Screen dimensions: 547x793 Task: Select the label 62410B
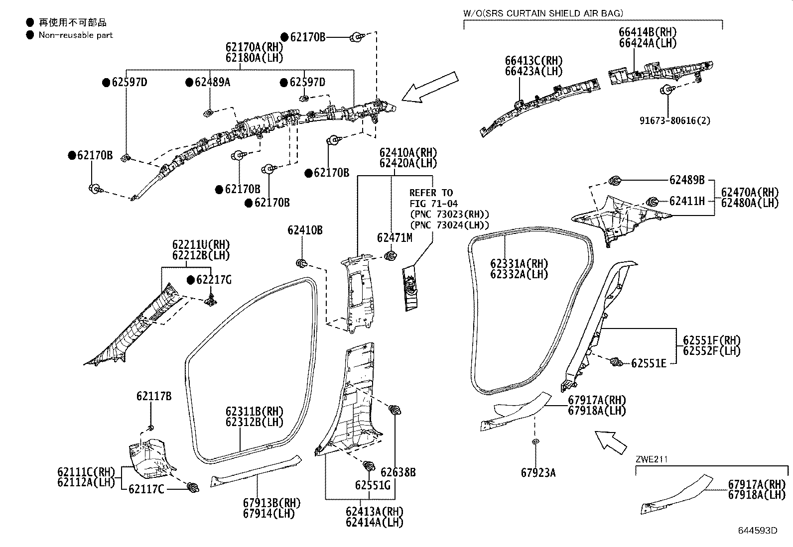[304, 230]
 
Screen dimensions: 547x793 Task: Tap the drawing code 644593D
[758, 531]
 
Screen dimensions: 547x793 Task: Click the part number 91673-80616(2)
[675, 120]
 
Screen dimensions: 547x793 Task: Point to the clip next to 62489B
[614, 180]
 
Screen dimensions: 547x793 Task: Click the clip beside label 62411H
[652, 202]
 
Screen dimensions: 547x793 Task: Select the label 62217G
[213, 280]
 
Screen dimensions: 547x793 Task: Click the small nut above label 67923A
[534, 441]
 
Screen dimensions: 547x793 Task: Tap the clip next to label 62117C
[193, 488]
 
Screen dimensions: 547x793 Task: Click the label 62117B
[154, 396]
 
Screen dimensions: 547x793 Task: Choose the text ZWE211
[651, 459]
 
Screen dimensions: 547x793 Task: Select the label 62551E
[648, 363]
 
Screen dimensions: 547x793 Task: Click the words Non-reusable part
[76, 35]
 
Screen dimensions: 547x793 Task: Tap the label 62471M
[394, 238]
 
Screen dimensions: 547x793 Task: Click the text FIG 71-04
[433, 204]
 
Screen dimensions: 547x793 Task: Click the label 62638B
[398, 472]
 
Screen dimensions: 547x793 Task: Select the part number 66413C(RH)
[533, 61]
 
